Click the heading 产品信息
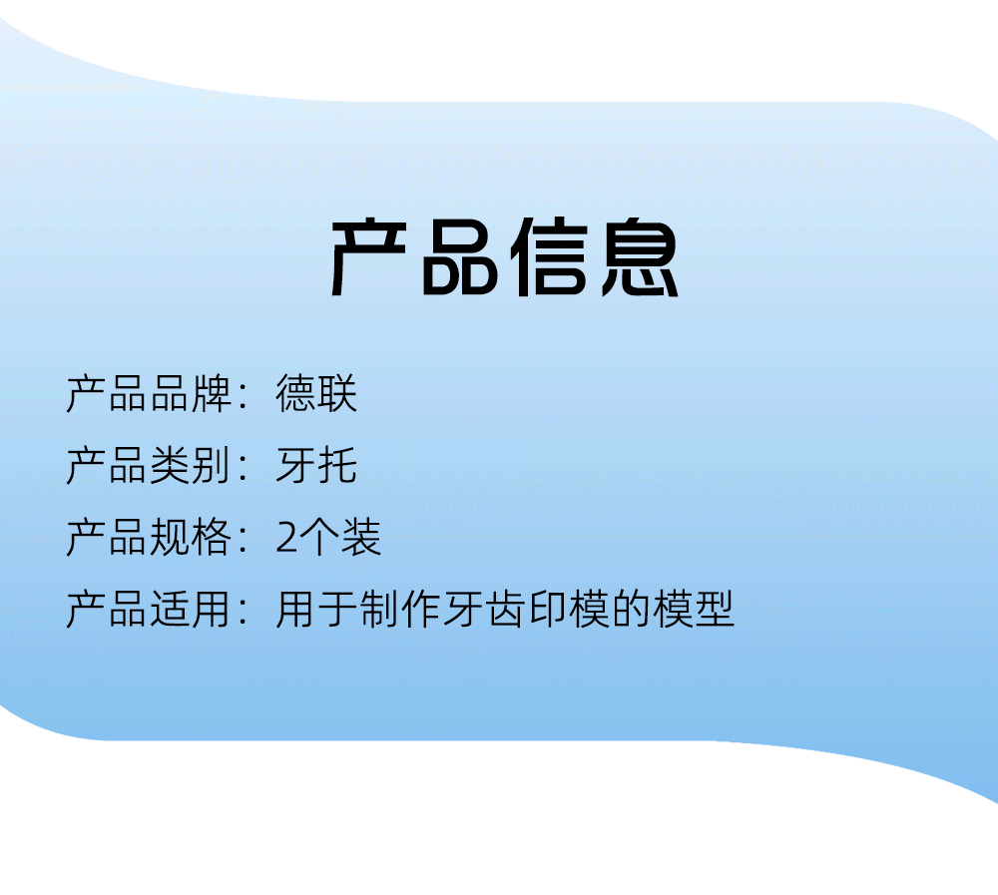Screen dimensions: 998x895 pos(505,257)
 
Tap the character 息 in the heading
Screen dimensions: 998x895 pos(641,257)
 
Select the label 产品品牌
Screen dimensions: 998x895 pos(149,393)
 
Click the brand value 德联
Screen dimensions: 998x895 pos(316,393)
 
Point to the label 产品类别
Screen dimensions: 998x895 pos(149,465)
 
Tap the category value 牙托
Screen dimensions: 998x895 pos(316,465)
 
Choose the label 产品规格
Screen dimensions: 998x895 pos(149,537)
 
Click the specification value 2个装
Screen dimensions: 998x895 pos(328,537)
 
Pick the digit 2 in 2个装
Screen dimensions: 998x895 pos(286,538)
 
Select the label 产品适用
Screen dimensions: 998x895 pos(149,610)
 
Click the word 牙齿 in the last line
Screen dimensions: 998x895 pos(484,610)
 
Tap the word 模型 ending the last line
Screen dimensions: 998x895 pos(694,610)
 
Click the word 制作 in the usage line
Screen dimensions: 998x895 pos(400,610)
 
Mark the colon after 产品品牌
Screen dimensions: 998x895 pos(244,396)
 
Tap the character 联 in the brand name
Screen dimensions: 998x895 pos(337,393)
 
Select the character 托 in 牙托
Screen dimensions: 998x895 pos(337,465)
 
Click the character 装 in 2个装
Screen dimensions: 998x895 pos(361,537)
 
